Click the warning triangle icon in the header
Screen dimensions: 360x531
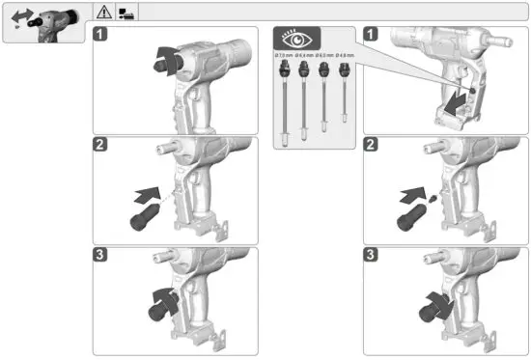(x=103, y=13)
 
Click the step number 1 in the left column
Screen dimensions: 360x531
(x=101, y=35)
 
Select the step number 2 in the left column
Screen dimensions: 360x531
(x=101, y=146)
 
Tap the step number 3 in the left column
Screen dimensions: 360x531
(x=101, y=256)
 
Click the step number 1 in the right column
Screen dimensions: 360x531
(x=371, y=35)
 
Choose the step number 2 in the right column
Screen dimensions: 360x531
(x=371, y=146)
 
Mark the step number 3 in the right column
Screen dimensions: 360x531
(x=371, y=256)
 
